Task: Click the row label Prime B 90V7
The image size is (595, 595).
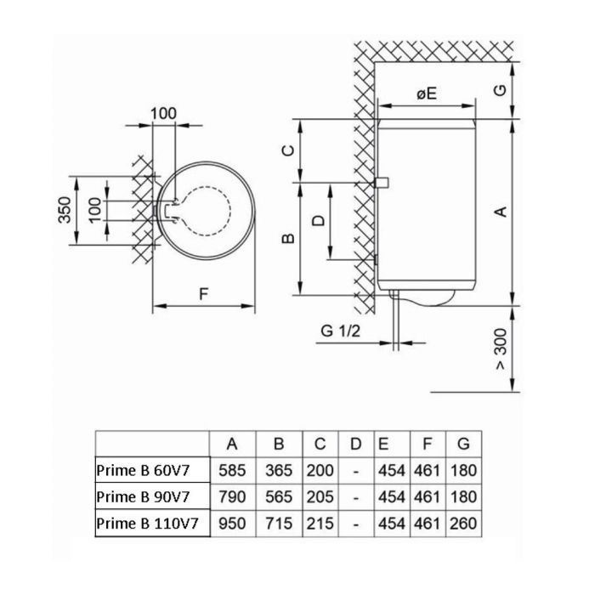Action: (150, 496)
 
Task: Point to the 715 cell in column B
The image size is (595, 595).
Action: (277, 524)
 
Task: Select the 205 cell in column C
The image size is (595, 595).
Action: (320, 496)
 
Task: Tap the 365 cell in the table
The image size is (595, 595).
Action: (277, 469)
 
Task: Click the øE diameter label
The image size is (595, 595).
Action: (426, 94)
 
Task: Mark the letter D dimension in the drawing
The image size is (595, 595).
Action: (318, 220)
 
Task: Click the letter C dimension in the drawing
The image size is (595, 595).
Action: (288, 150)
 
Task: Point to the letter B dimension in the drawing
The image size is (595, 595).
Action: (288, 238)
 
